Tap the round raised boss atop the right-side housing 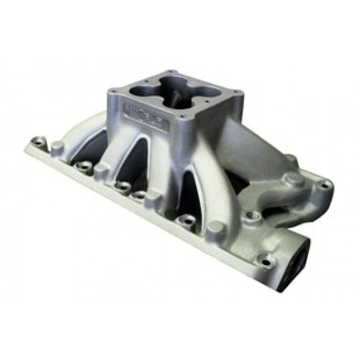pyautogui.click(x=292, y=179)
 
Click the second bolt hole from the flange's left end pyautogui.click(x=85, y=166)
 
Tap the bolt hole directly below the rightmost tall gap pyautogui.click(x=188, y=220)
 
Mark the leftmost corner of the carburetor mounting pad pyautogui.click(x=109, y=91)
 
